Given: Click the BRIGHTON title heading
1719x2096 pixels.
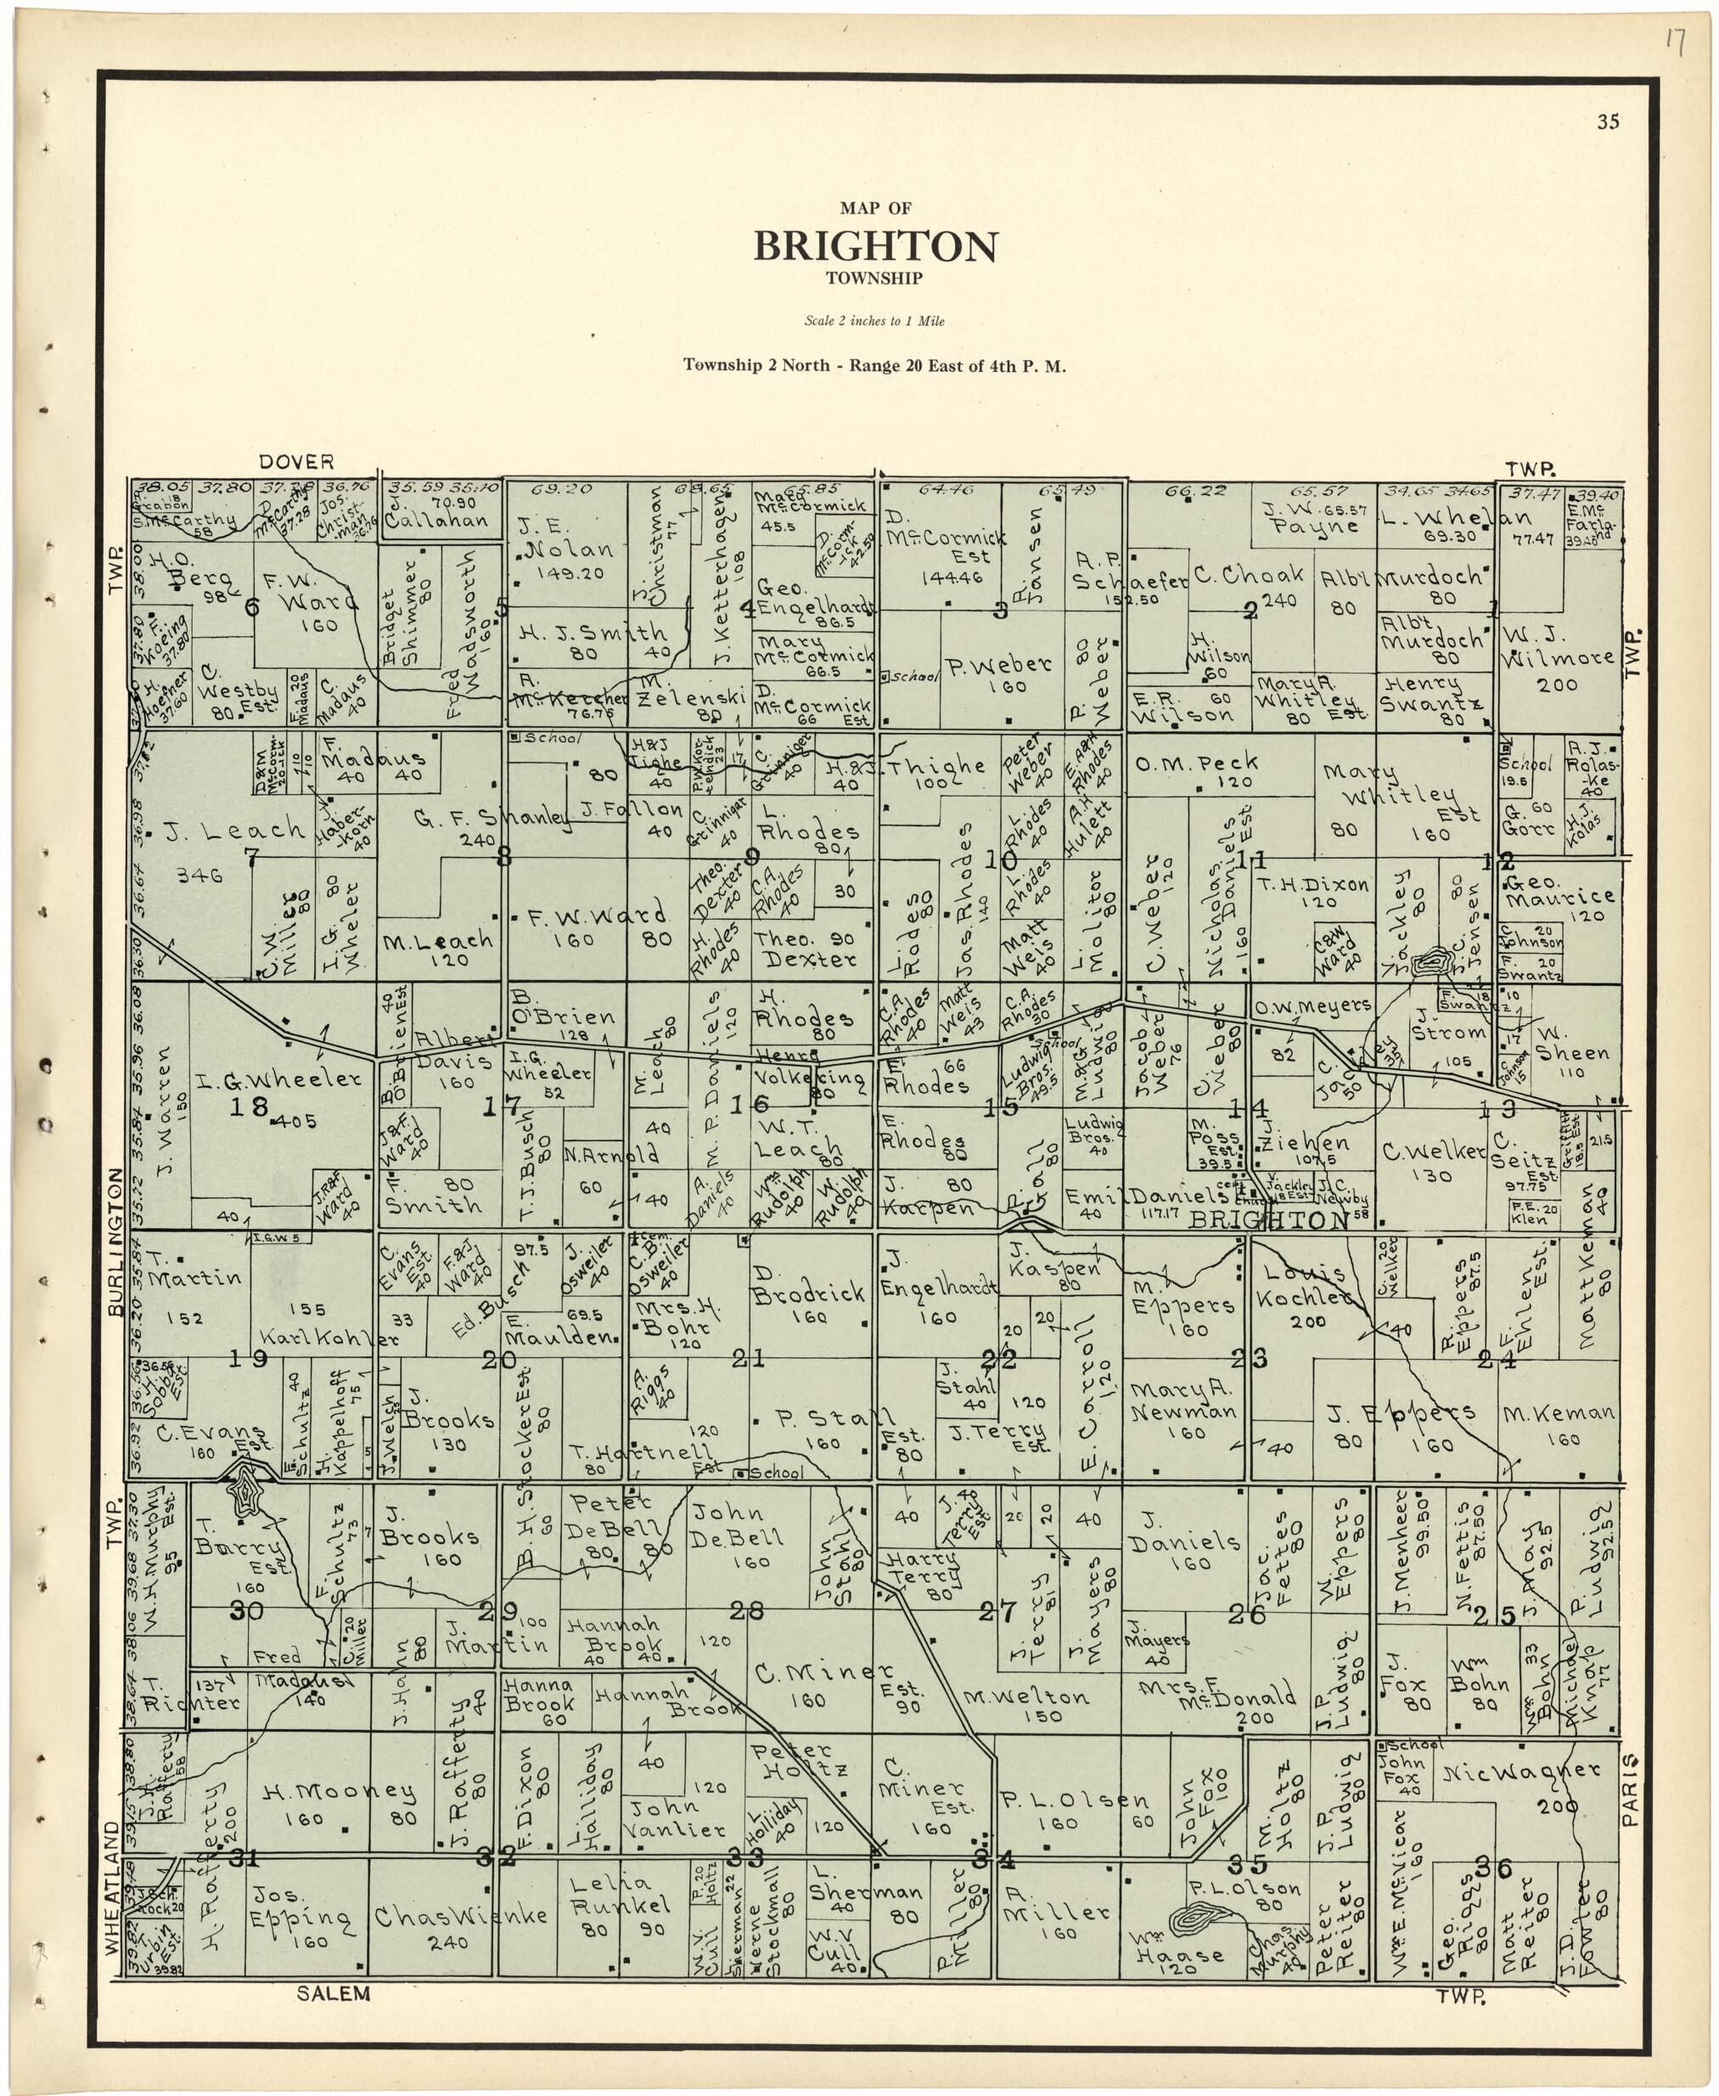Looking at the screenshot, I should pos(875,246).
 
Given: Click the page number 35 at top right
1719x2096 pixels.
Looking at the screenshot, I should pos(1607,123).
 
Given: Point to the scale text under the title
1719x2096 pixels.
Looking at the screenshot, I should pos(874,322).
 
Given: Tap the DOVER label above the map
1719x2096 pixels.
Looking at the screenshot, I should pos(296,462).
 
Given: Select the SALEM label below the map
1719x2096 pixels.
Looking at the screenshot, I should pos(334,1994).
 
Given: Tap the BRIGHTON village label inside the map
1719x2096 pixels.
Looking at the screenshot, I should pos(1268,1221).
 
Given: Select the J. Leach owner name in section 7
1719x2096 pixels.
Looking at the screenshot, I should pos(234,829).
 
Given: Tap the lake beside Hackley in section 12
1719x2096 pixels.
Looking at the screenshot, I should pos(1430,960).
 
